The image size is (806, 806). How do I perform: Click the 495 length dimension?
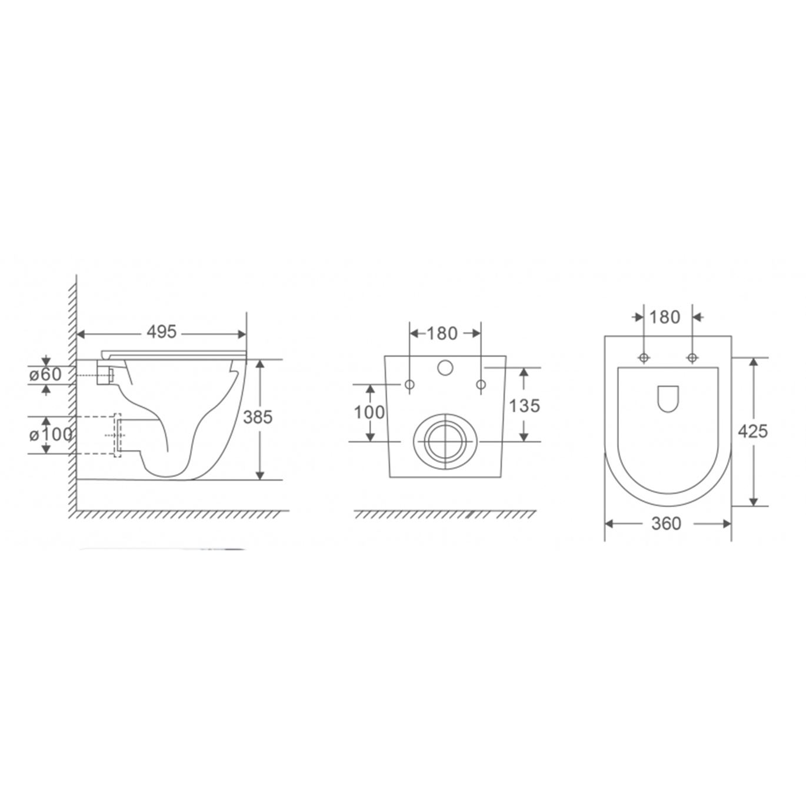click(161, 332)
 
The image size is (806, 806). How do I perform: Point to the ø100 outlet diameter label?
click(49, 435)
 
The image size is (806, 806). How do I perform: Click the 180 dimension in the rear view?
click(442, 334)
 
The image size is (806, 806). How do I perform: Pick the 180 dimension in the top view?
click(665, 317)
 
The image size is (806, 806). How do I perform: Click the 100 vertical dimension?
click(369, 412)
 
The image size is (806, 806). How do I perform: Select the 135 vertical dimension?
click(524, 405)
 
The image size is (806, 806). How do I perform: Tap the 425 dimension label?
click(753, 431)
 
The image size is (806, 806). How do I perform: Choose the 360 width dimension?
click(666, 523)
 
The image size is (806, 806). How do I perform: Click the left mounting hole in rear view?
click(409, 385)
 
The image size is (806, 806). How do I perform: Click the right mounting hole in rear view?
click(481, 385)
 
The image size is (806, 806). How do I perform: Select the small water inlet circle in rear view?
click(445, 368)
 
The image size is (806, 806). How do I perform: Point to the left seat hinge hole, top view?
click(644, 358)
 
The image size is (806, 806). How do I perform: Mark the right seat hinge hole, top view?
click(692, 358)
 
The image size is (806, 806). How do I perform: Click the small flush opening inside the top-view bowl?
click(667, 399)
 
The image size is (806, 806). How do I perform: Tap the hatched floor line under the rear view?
click(445, 515)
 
